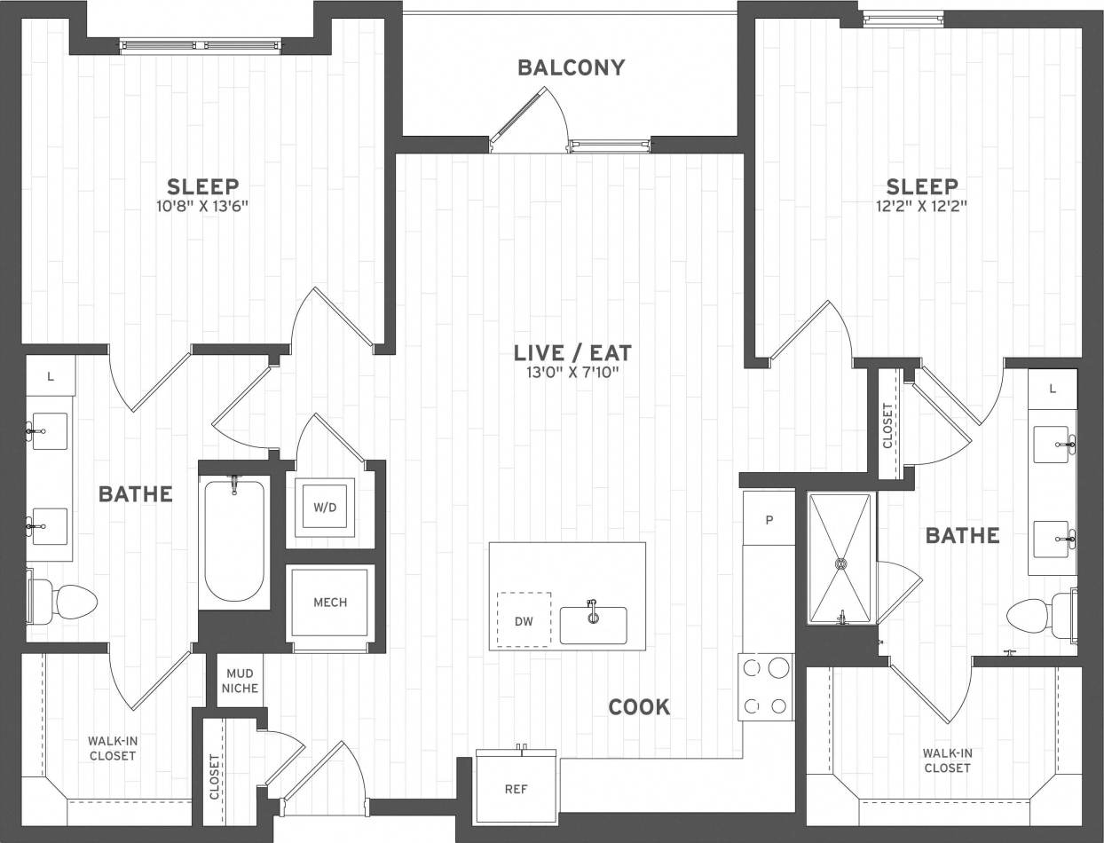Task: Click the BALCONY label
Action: pyautogui.click(x=572, y=67)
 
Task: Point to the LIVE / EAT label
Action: pyautogui.click(x=572, y=352)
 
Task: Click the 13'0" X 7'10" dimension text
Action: pyautogui.click(x=572, y=372)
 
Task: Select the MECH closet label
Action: pyautogui.click(x=330, y=603)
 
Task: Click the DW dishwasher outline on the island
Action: pyautogui.click(x=524, y=620)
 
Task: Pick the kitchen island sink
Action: pyautogui.click(x=593, y=624)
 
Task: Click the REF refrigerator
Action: pyautogui.click(x=516, y=788)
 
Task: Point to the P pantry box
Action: pyautogui.click(x=769, y=517)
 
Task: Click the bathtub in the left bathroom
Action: pyautogui.click(x=233, y=541)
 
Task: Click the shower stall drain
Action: pyautogui.click(x=839, y=561)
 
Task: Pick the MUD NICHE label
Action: pyautogui.click(x=240, y=681)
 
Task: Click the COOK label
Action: pyautogui.click(x=639, y=707)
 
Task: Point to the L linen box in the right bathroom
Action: pyautogui.click(x=1053, y=389)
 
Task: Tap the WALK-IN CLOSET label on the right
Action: pyautogui.click(x=947, y=760)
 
